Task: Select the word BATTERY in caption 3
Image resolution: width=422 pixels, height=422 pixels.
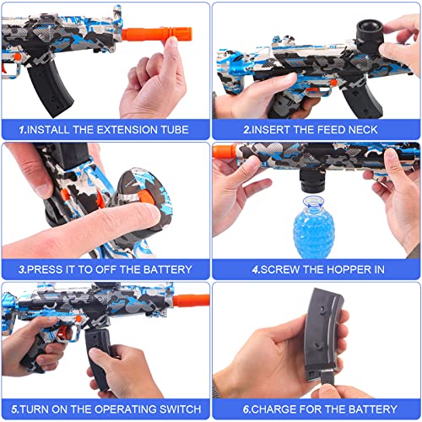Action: coord(164,270)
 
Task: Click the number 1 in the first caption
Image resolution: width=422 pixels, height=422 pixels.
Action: coord(24,130)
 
